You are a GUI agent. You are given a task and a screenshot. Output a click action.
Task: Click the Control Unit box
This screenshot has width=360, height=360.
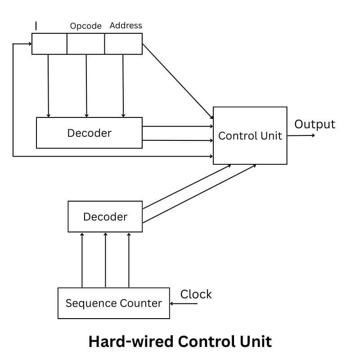pyautogui.click(x=250, y=135)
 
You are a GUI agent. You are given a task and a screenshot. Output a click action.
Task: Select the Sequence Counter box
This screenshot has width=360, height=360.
pyautogui.click(x=113, y=303)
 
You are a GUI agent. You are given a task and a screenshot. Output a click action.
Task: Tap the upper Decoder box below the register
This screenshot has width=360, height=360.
pyautogui.click(x=89, y=133)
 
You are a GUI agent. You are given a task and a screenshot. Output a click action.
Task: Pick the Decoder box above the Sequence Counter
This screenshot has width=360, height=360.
pyautogui.click(x=105, y=216)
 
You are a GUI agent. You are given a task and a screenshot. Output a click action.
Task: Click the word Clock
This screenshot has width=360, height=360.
pyautogui.click(x=196, y=294)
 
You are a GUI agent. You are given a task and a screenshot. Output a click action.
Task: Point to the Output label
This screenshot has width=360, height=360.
pyautogui.click(x=315, y=124)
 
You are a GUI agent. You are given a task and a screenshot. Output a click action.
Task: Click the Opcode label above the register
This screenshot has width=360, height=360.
pyautogui.click(x=85, y=26)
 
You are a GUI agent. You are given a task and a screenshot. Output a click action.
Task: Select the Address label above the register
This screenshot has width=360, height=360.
pyautogui.click(x=126, y=26)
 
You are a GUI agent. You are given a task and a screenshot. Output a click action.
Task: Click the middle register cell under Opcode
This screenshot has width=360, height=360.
pyautogui.click(x=85, y=44)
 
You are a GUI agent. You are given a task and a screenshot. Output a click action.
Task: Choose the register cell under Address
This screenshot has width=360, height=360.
pyautogui.click(x=123, y=44)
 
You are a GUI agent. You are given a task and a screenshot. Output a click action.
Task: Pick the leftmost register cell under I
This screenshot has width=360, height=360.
pyautogui.click(x=49, y=44)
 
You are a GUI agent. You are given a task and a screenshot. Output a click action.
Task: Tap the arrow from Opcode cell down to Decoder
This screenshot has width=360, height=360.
pyautogui.click(x=86, y=85)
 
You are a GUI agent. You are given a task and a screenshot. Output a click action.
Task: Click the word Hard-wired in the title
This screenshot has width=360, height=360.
pyautogui.click(x=131, y=341)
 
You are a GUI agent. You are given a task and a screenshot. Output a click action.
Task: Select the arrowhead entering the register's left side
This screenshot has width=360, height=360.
pyautogui.click(x=29, y=44)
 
